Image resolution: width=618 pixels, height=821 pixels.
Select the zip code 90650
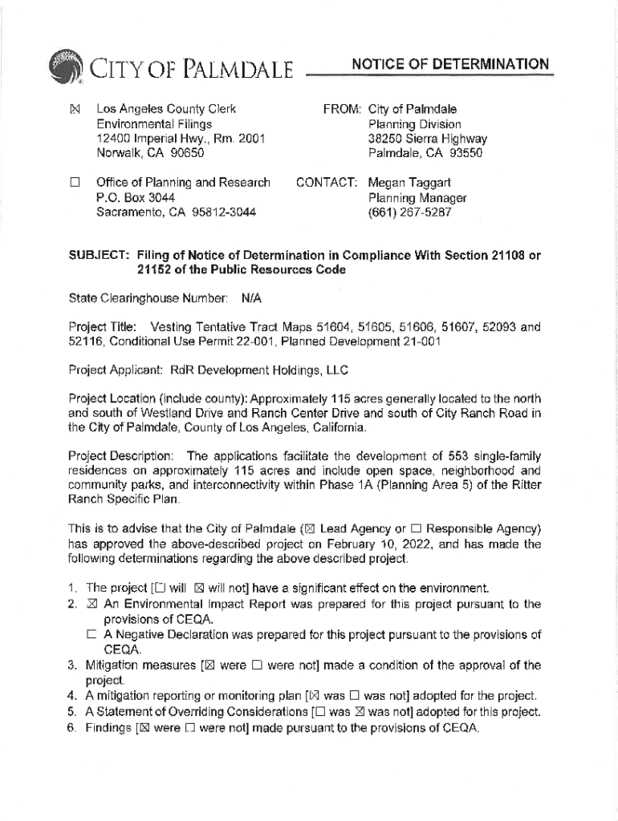[185, 152]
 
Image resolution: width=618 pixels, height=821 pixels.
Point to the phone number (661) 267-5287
[409, 212]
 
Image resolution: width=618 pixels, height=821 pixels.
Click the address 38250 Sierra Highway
[427, 138]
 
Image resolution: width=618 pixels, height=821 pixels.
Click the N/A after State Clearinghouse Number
[251, 298]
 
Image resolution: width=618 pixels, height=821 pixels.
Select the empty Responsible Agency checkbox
[416, 529]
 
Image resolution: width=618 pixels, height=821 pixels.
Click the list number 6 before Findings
[72, 727]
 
